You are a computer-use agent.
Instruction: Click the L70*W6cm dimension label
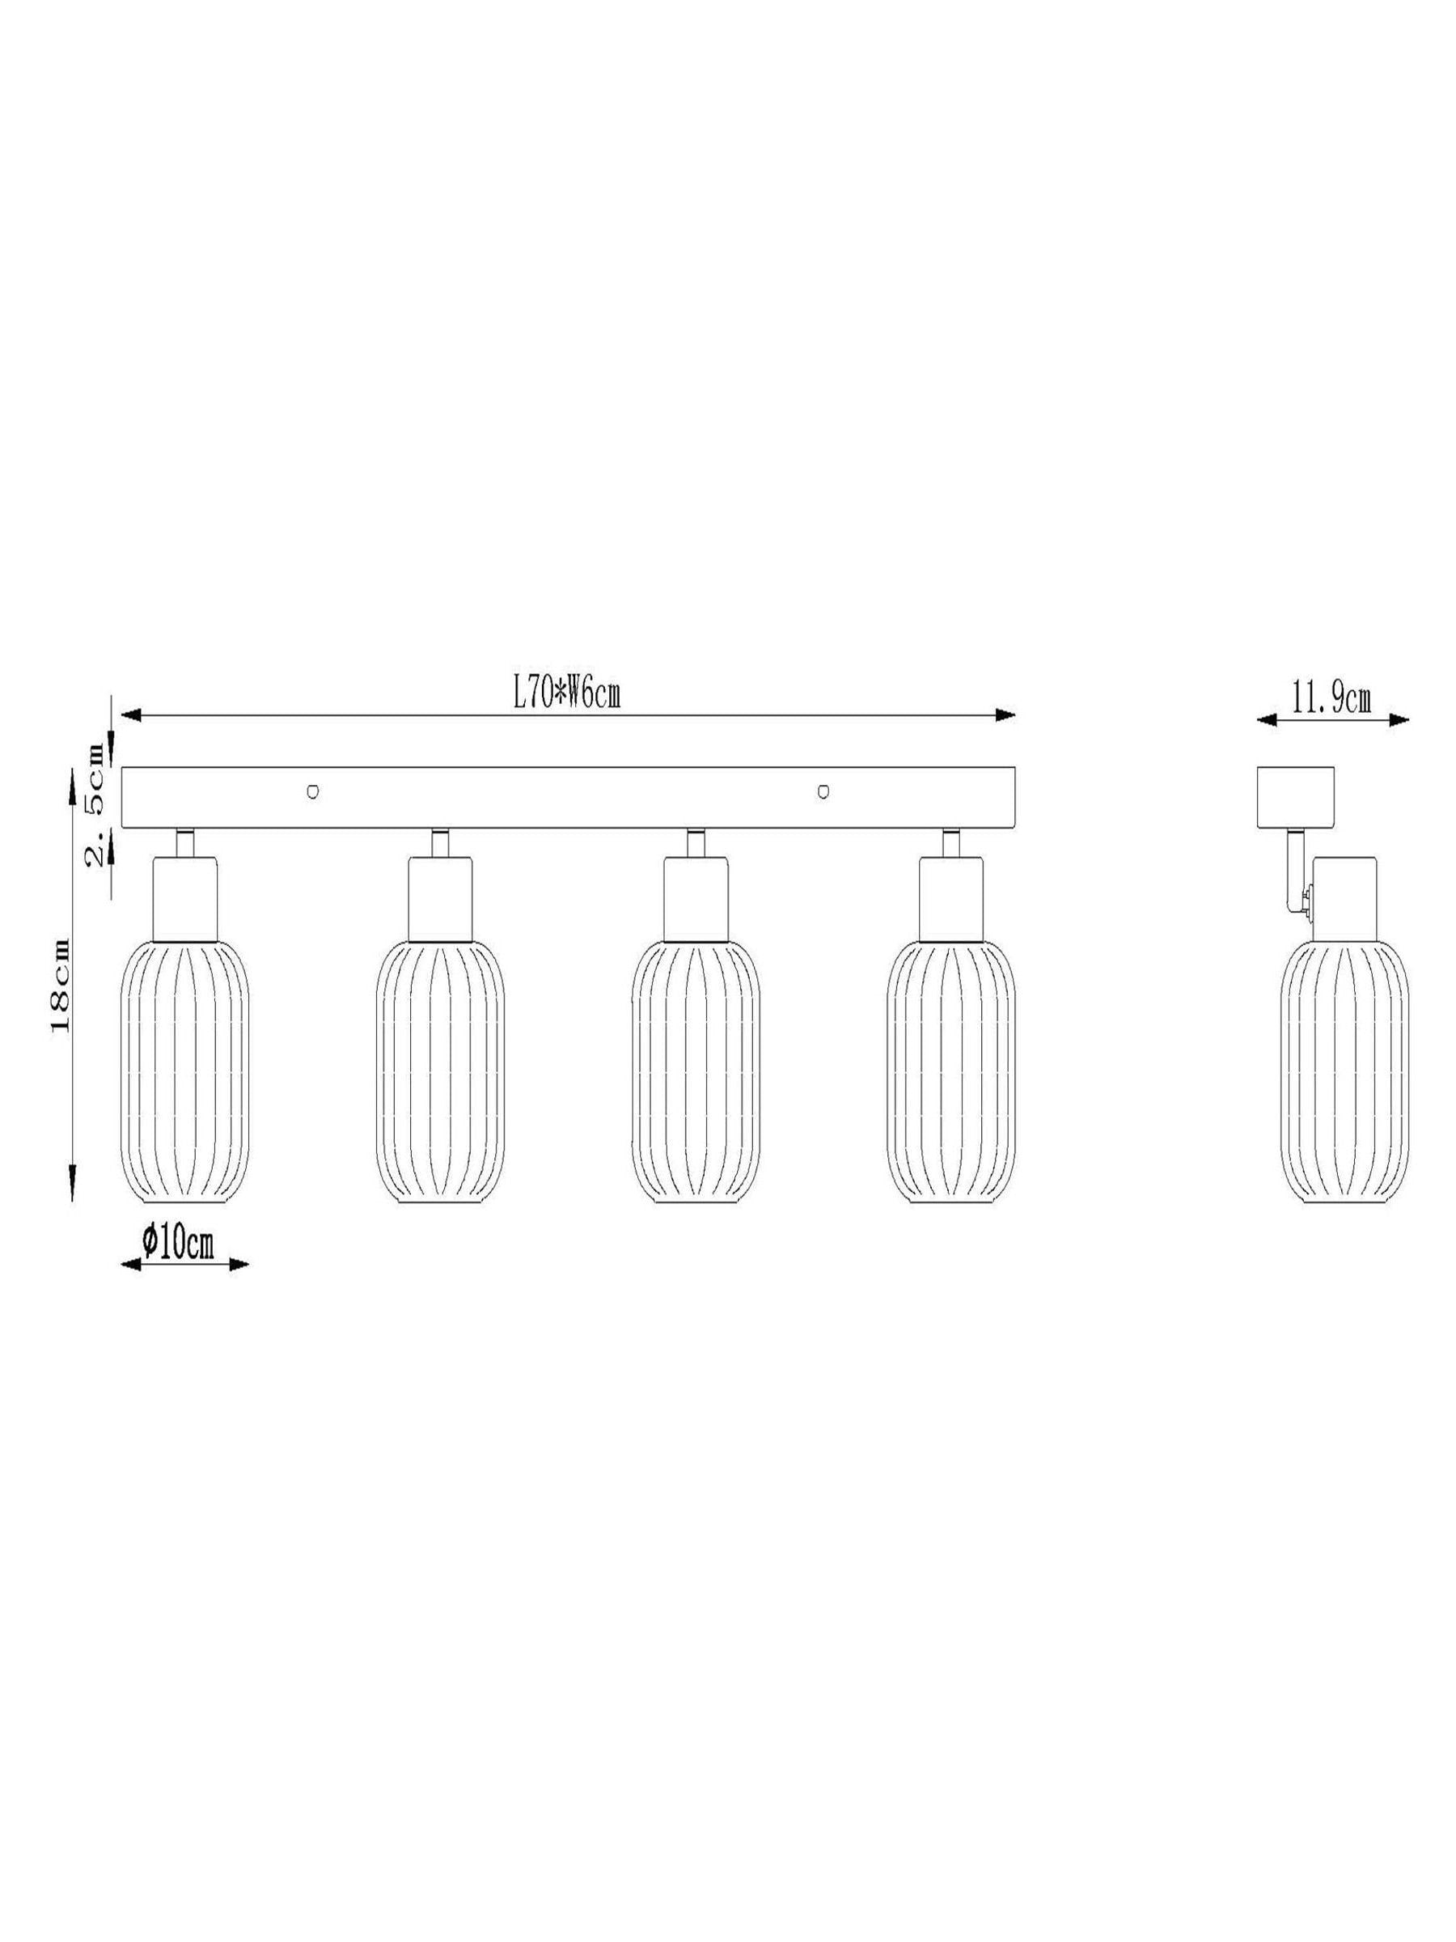coord(566,695)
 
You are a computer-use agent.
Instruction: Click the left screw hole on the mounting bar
coord(311,792)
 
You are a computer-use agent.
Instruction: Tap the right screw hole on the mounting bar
coord(823,792)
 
